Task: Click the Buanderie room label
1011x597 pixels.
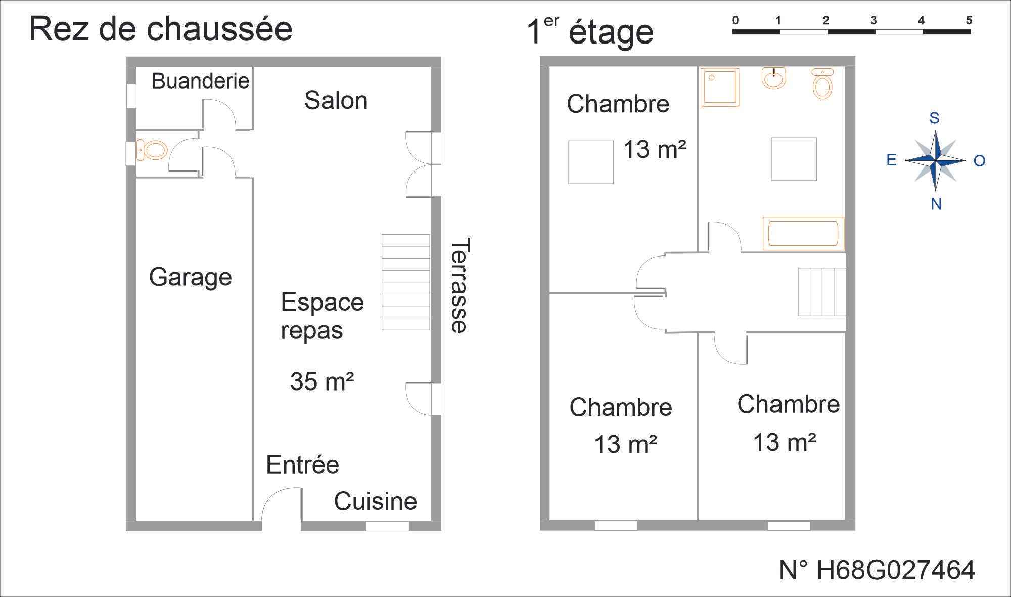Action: [200, 81]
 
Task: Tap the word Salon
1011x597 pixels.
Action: [336, 100]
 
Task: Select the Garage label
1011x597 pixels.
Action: [190, 278]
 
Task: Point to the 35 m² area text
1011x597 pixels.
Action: [322, 381]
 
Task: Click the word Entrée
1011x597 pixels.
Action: [302, 464]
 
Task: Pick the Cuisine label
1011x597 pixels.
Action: [375, 501]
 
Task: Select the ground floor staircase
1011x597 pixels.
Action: [405, 282]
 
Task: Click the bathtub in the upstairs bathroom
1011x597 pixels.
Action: [803, 234]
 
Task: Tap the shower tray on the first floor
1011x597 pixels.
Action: [720, 87]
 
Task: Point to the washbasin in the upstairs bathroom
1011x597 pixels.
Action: [774, 78]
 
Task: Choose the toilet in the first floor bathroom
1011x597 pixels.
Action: [822, 83]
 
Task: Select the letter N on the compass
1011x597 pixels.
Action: [936, 204]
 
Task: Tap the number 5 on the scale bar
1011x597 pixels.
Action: [969, 21]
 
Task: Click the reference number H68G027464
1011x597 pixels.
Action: [877, 570]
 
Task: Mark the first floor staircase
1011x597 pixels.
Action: [822, 292]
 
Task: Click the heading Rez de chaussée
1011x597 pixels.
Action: [161, 29]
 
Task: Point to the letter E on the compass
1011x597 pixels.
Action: [891, 160]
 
